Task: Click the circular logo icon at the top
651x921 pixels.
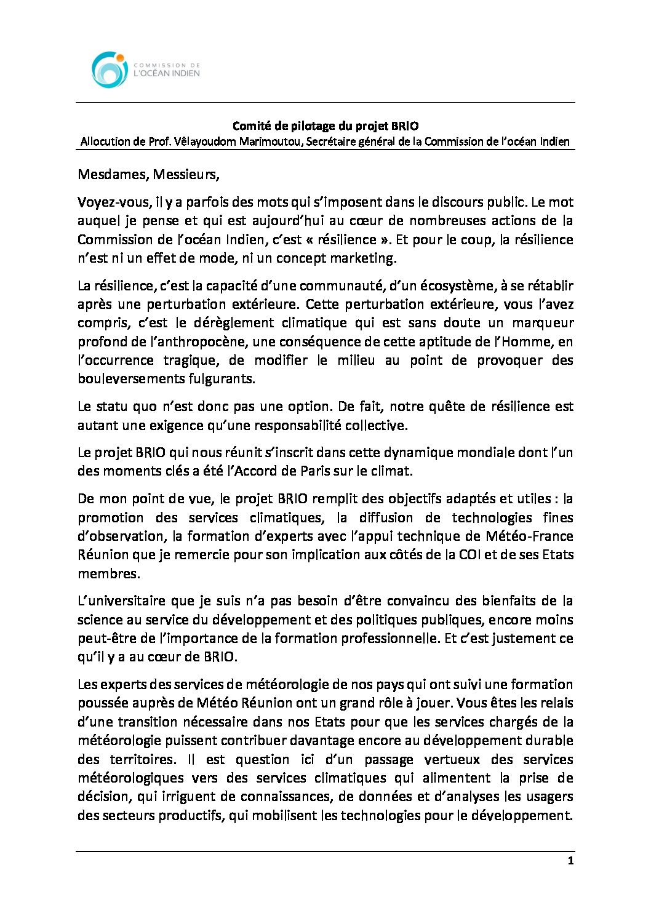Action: (110, 70)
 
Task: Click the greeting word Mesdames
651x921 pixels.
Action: (113, 174)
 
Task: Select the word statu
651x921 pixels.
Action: (111, 406)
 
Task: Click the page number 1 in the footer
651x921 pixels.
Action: (570, 861)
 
